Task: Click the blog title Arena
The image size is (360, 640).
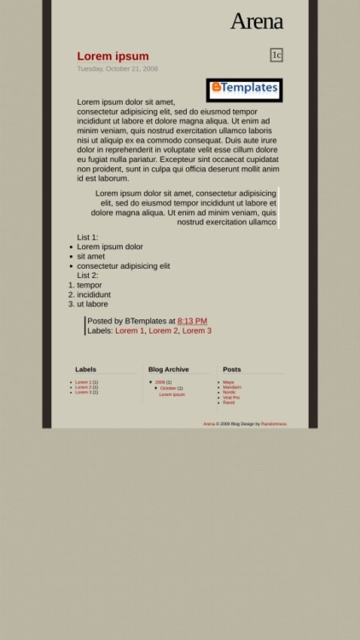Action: coord(256,22)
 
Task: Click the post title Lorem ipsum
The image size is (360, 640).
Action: coord(113,56)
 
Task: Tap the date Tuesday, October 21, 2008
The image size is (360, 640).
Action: coord(117,69)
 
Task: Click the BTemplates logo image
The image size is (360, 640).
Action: coord(244,89)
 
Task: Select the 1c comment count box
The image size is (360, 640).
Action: coord(276,55)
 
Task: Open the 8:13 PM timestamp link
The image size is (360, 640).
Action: coord(192,322)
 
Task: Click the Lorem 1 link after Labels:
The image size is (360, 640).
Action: coord(130,331)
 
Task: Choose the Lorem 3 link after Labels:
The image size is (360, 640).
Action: coord(196,331)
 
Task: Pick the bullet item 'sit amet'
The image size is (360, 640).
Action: coord(91,256)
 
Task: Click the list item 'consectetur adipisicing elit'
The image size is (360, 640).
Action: coord(124,266)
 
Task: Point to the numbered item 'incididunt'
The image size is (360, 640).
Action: coord(94,294)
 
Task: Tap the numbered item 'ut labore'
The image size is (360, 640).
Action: coord(92,304)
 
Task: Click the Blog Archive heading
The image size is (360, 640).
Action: coord(168,369)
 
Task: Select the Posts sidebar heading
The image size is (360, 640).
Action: coord(232,369)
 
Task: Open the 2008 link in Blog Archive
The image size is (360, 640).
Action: coord(160,382)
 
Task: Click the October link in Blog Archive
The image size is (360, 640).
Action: coord(168,388)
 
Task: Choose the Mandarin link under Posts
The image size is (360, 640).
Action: coord(232,387)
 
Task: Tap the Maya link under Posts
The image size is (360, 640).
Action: coord(229,382)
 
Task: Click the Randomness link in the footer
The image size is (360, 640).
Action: coord(274,424)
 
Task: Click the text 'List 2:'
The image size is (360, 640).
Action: coord(88,276)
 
